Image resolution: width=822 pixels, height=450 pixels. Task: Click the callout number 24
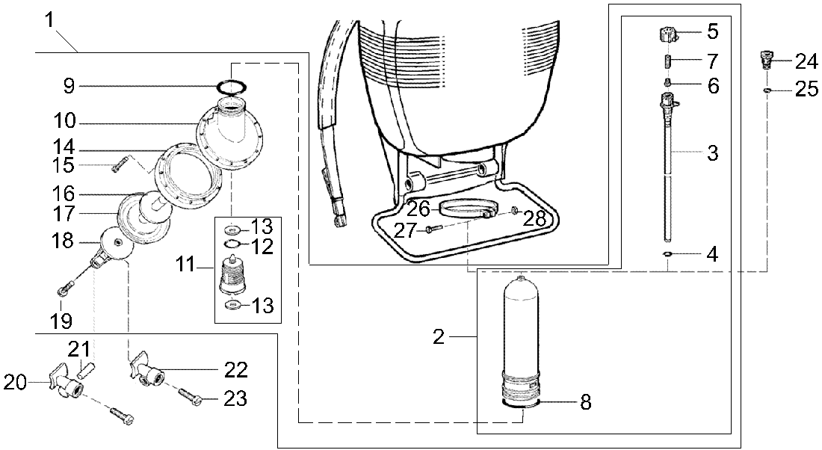[806, 61]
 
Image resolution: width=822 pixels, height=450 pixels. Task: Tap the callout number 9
[69, 86]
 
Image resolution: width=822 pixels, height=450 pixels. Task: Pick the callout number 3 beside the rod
[712, 153]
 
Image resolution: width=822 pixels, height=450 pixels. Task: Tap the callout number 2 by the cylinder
[439, 337]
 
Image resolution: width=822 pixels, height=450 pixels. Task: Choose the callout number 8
[586, 402]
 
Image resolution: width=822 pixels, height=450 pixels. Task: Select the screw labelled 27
[430, 230]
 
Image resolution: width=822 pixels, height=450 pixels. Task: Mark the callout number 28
[536, 218]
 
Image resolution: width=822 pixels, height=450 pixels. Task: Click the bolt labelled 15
[118, 167]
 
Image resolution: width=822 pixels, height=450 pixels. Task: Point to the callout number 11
[187, 265]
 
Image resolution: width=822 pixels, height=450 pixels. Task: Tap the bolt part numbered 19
[64, 289]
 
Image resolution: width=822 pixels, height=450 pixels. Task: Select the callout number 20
[15, 383]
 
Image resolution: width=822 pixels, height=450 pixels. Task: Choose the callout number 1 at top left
[50, 19]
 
